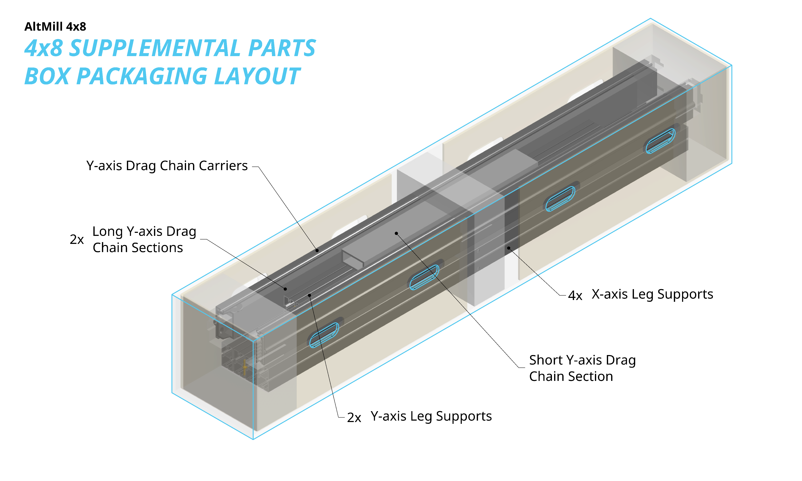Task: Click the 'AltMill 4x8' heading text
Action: tap(55, 27)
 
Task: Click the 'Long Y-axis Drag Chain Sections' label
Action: tap(144, 240)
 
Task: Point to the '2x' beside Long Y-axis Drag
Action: tap(77, 240)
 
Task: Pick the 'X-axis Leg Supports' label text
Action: tap(652, 294)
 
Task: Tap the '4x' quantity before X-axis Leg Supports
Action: tap(575, 295)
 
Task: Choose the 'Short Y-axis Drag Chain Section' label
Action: tap(582, 368)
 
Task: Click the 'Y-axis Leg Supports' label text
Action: tap(431, 416)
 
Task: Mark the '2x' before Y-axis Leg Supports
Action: tap(354, 417)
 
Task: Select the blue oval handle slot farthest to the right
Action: tap(660, 141)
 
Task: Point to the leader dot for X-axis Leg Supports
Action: tap(509, 248)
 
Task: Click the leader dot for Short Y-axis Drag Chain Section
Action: tap(396, 233)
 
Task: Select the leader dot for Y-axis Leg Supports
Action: tap(310, 295)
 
